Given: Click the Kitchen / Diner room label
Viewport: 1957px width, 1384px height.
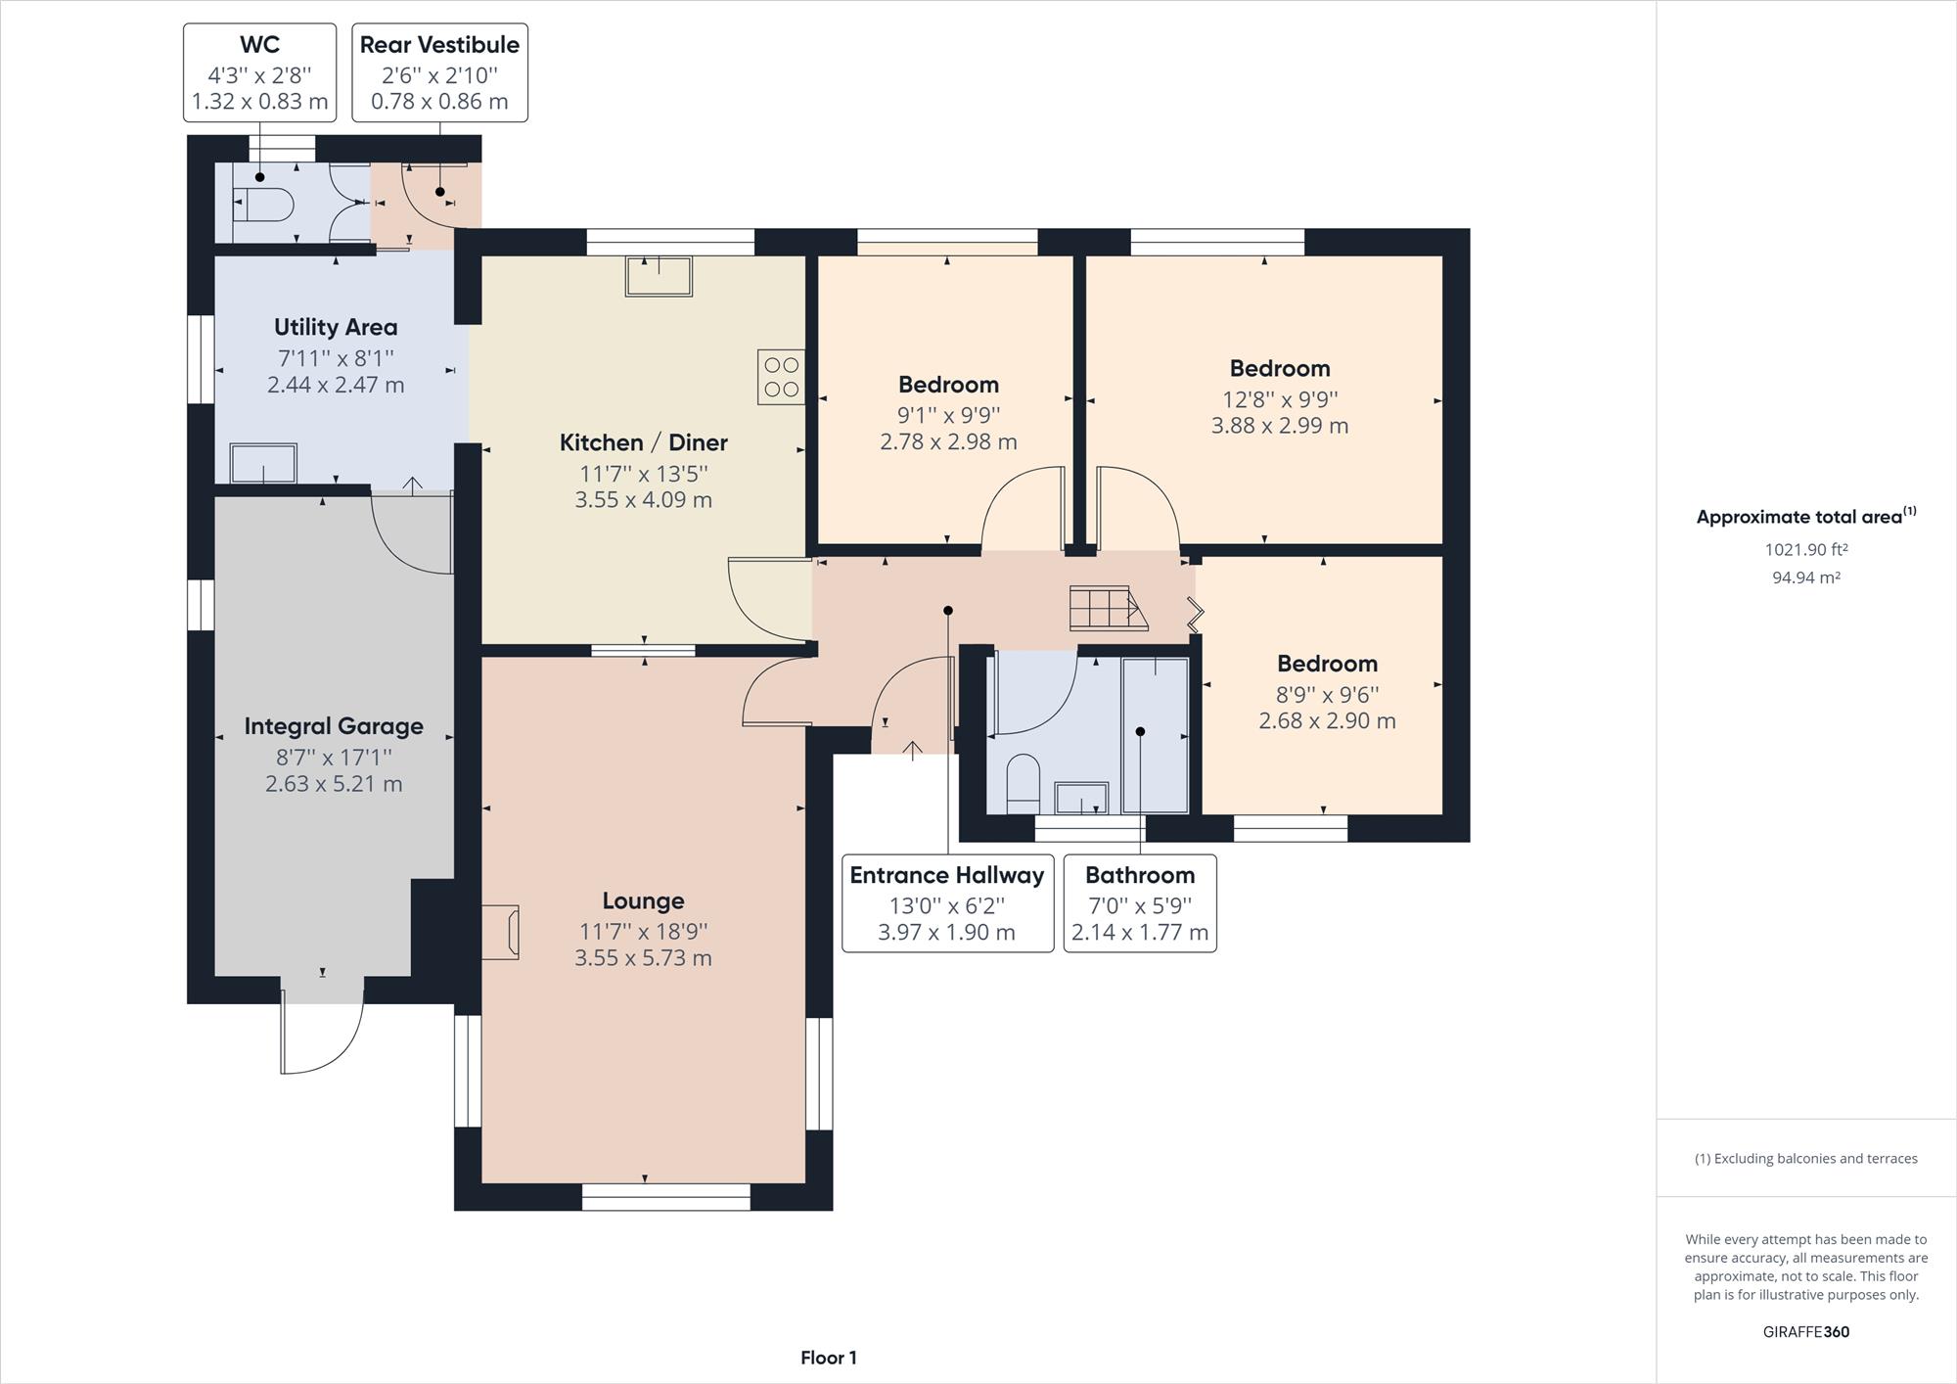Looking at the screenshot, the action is coord(643,442).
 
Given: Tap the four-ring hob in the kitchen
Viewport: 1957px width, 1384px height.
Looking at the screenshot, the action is coord(781,377).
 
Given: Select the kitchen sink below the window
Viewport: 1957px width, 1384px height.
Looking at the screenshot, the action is coord(659,276).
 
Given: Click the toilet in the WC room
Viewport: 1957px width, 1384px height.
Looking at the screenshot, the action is coord(264,206).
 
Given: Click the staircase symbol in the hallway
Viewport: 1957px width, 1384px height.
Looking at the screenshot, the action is coord(1108,608).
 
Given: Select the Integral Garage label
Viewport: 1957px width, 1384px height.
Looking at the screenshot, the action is coord(334,726).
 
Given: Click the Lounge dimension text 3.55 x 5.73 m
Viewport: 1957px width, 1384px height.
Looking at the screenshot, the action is coord(643,958).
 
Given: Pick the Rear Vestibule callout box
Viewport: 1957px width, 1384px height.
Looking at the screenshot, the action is coord(439,73).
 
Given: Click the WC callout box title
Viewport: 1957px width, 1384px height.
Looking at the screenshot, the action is coord(259,45).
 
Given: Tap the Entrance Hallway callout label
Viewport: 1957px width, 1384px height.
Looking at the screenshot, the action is coord(947,875).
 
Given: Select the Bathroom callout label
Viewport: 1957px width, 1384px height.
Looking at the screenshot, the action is coord(1140,875).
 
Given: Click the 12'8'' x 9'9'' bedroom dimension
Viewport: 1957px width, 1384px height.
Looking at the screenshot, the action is coord(1280,399).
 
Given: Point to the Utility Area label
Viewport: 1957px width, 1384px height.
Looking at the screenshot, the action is coord(336,327).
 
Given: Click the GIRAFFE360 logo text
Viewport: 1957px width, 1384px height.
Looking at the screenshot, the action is coord(1806,1332).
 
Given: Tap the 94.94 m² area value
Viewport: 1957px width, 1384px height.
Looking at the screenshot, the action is coord(1806,577).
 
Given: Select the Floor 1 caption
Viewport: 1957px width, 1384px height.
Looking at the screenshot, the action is coord(829,1358).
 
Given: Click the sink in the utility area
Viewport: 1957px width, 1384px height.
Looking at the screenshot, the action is coord(263,463).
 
